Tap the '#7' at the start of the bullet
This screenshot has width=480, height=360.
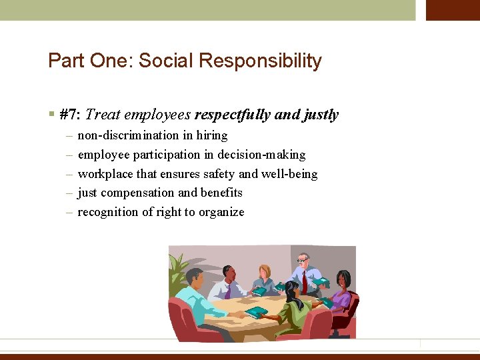coord(69,115)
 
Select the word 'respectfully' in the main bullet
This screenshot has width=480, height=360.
coord(233,115)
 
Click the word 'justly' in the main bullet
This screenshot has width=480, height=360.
coord(321,115)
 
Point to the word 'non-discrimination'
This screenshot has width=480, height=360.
coord(129,135)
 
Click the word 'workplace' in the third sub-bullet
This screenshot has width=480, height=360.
coord(105,174)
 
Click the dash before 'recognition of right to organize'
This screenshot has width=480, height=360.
coord(69,212)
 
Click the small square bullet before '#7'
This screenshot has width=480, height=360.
coord(51,115)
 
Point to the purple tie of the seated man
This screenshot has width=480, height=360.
coord(228,290)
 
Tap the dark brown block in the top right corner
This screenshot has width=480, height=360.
coord(453,10)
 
